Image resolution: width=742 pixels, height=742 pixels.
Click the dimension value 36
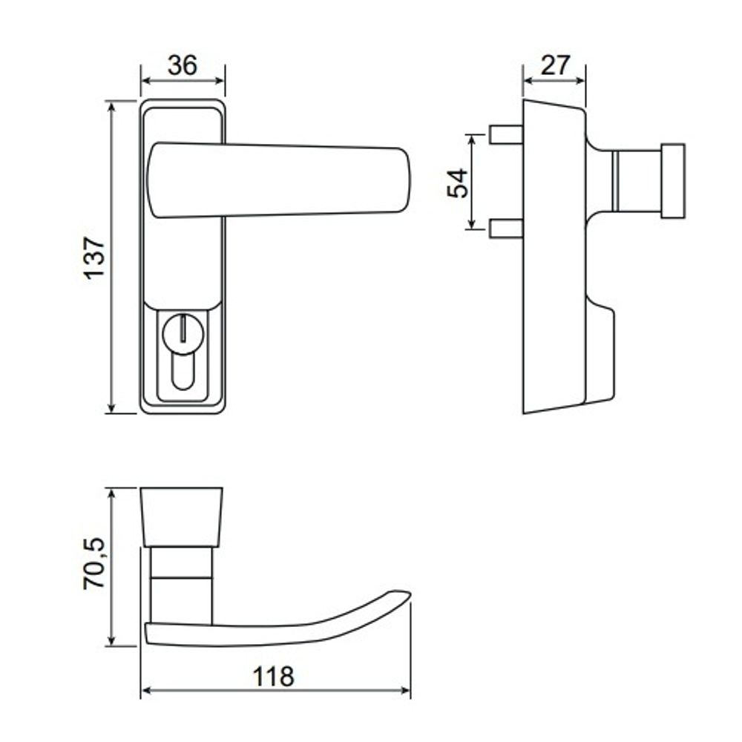[x=183, y=65]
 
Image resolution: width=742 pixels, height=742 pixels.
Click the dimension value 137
[x=95, y=257]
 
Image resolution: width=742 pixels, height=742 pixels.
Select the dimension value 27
[x=556, y=65]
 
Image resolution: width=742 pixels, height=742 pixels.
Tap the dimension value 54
[x=458, y=183]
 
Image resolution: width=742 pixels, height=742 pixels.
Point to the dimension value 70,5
[x=94, y=563]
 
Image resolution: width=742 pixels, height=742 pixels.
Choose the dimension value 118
[x=274, y=677]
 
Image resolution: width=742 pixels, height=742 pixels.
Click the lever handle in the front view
[x=279, y=180]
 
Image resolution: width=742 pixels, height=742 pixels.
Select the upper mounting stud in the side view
[x=506, y=134]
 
